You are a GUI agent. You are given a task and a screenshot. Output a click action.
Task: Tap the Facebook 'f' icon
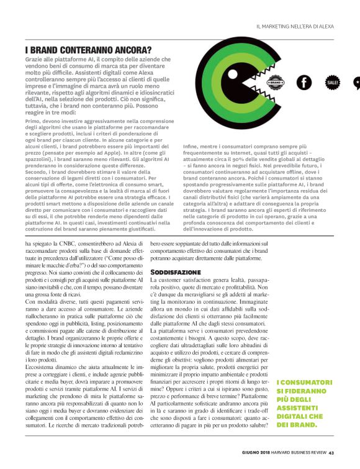pyautogui.click(x=304, y=82)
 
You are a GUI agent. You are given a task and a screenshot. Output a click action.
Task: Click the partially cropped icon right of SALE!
pyautogui.click(x=356, y=82)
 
